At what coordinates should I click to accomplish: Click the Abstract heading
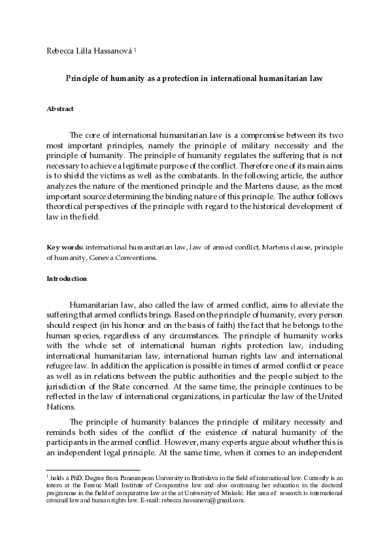[x=59, y=108]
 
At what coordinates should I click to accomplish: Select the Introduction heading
[x=66, y=279]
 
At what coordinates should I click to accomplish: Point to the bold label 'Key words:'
[x=65, y=248]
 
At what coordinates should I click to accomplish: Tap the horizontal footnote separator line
[x=93, y=470]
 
